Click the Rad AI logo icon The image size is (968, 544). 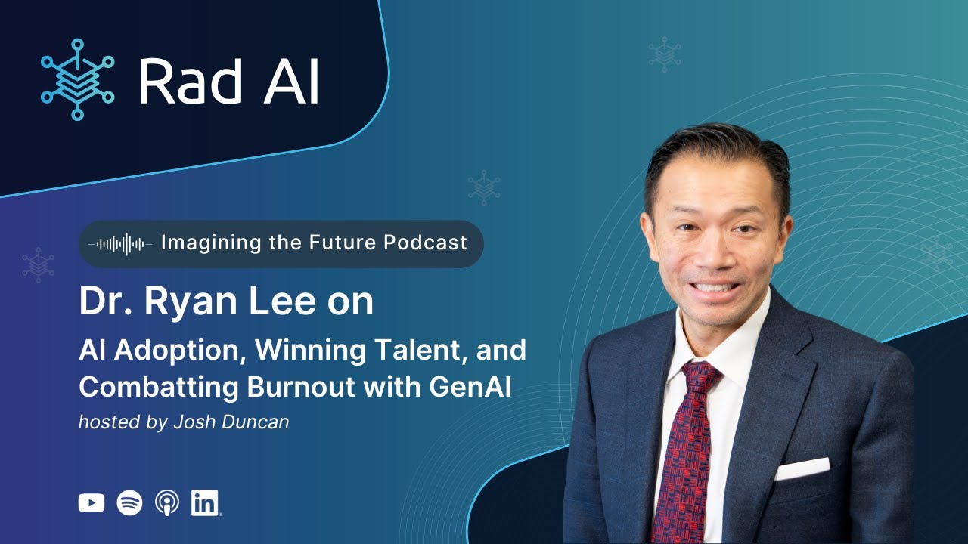click(77, 79)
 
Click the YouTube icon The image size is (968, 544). click(92, 502)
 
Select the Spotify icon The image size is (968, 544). click(129, 502)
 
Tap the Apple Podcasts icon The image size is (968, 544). click(166, 502)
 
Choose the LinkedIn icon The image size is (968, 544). click(205, 502)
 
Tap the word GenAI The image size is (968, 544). click(470, 386)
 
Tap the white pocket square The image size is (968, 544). click(801, 468)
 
